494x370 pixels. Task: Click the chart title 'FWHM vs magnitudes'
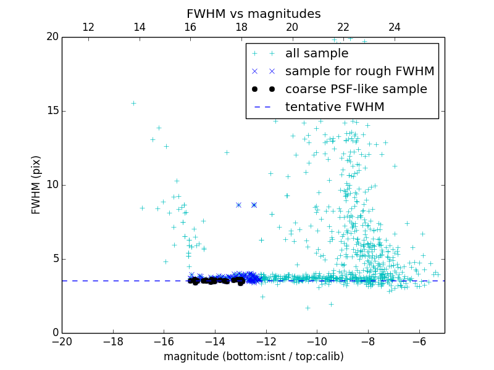253,14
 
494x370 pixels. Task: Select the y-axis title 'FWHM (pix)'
36,185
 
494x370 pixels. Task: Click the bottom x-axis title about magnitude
253,356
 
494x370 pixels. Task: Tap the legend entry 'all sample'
317,54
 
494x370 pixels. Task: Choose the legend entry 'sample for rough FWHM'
359,72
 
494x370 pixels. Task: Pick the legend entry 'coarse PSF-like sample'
356,89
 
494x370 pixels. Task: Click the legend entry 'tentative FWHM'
335,107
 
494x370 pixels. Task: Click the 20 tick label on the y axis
52,37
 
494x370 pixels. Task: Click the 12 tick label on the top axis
88,27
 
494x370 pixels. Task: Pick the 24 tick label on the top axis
395,27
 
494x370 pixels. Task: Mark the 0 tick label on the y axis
55,333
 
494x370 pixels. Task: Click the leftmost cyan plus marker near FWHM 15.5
133,103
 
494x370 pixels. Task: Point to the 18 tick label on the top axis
241,27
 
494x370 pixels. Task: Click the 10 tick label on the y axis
52,185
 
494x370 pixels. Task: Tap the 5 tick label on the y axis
55,259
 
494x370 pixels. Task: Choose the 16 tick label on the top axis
190,27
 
